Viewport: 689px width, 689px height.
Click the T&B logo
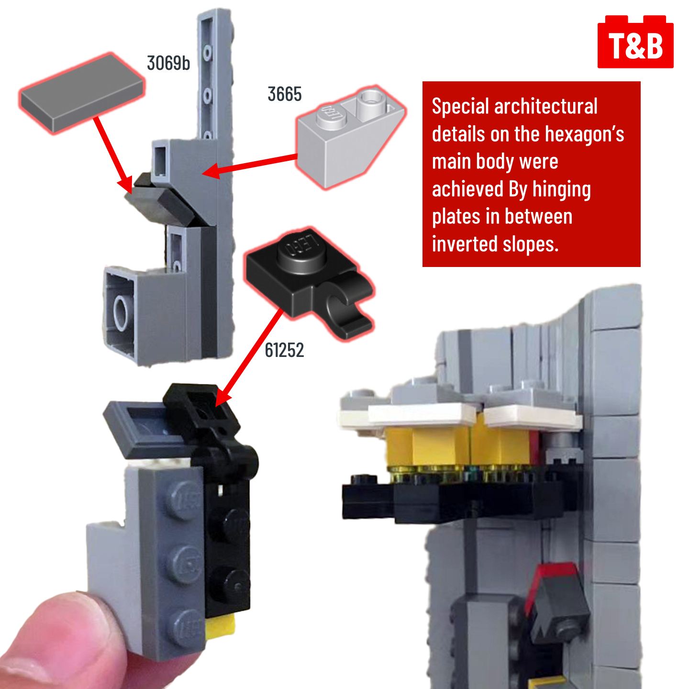pyautogui.click(x=635, y=42)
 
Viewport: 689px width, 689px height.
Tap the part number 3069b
pyautogui.click(x=168, y=64)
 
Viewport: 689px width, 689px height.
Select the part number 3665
pyautogui.click(x=285, y=94)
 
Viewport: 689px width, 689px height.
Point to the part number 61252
pyautogui.click(x=284, y=350)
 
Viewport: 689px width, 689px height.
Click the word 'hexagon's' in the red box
pyautogui.click(x=584, y=134)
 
